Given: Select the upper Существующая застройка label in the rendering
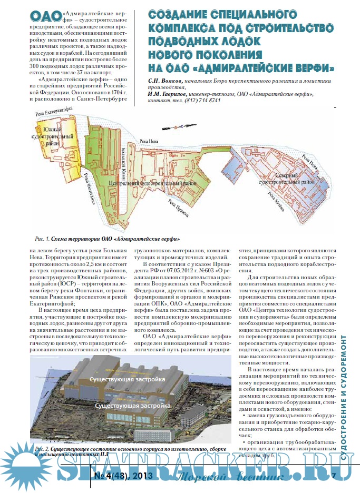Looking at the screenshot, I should point(128,379).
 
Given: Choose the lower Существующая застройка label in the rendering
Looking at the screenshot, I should point(133,406).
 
